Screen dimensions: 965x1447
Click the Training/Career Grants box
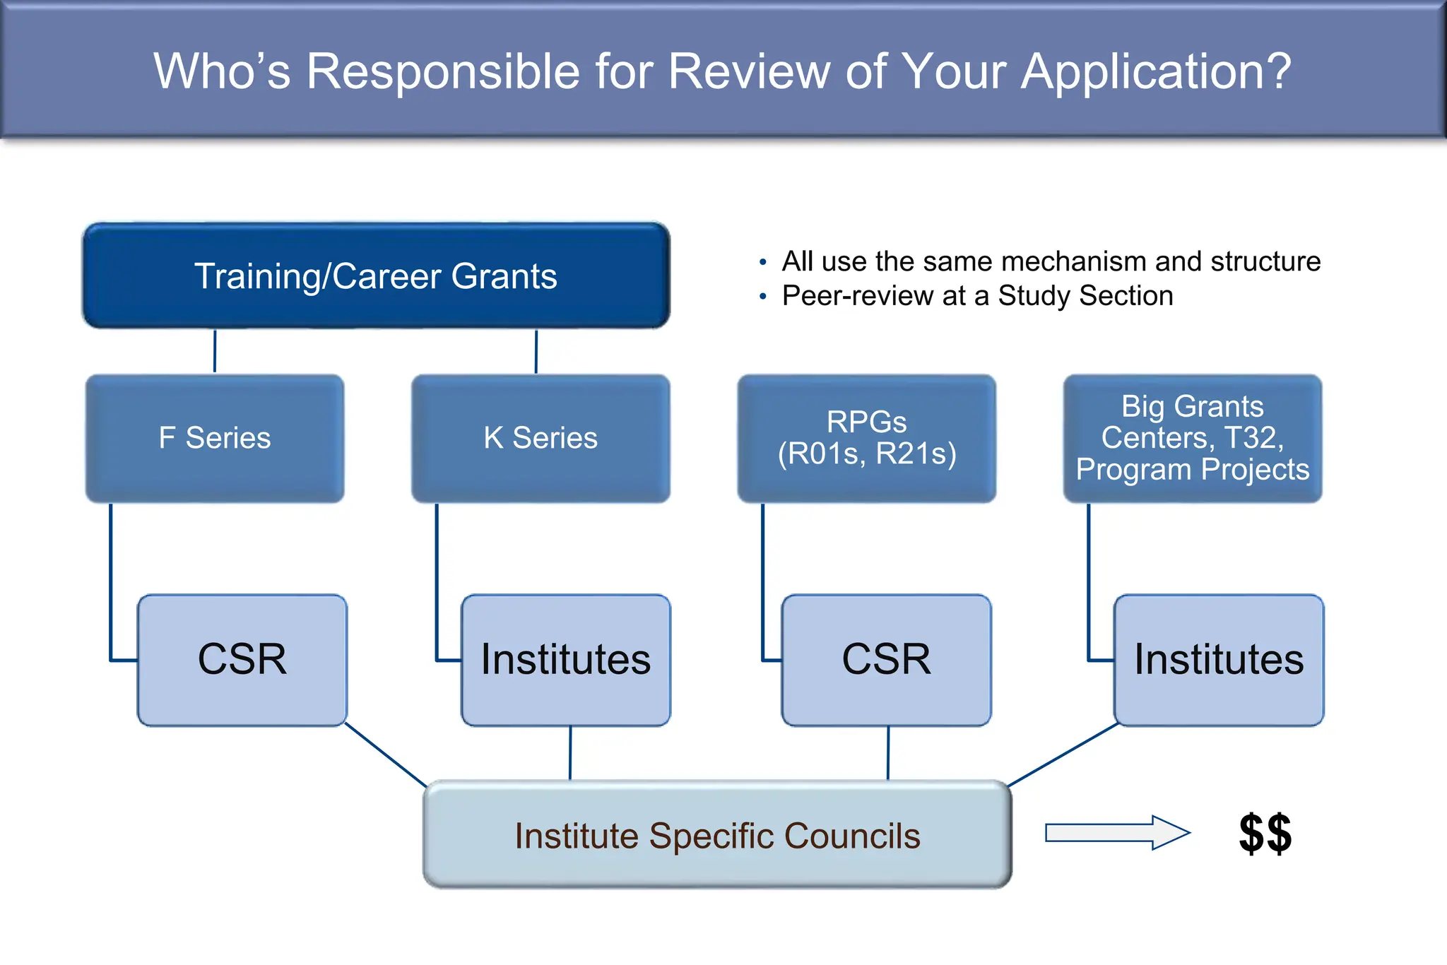376,276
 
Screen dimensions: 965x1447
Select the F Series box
215,438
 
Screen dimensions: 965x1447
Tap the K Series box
541,438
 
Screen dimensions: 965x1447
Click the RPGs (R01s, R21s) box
866,438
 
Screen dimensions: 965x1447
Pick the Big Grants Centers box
1193,438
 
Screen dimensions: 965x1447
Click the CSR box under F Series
242,660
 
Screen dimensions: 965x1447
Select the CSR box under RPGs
886,660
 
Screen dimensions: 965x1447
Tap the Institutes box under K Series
565,660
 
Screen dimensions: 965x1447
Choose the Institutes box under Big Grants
1219,660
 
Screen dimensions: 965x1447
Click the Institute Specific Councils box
717,835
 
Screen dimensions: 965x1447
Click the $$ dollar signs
1265,834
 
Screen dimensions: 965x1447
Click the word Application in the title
1156,72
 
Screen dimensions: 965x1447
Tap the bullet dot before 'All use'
762,263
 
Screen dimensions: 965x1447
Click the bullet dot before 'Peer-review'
762,297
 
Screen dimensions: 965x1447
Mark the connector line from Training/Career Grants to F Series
215,351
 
